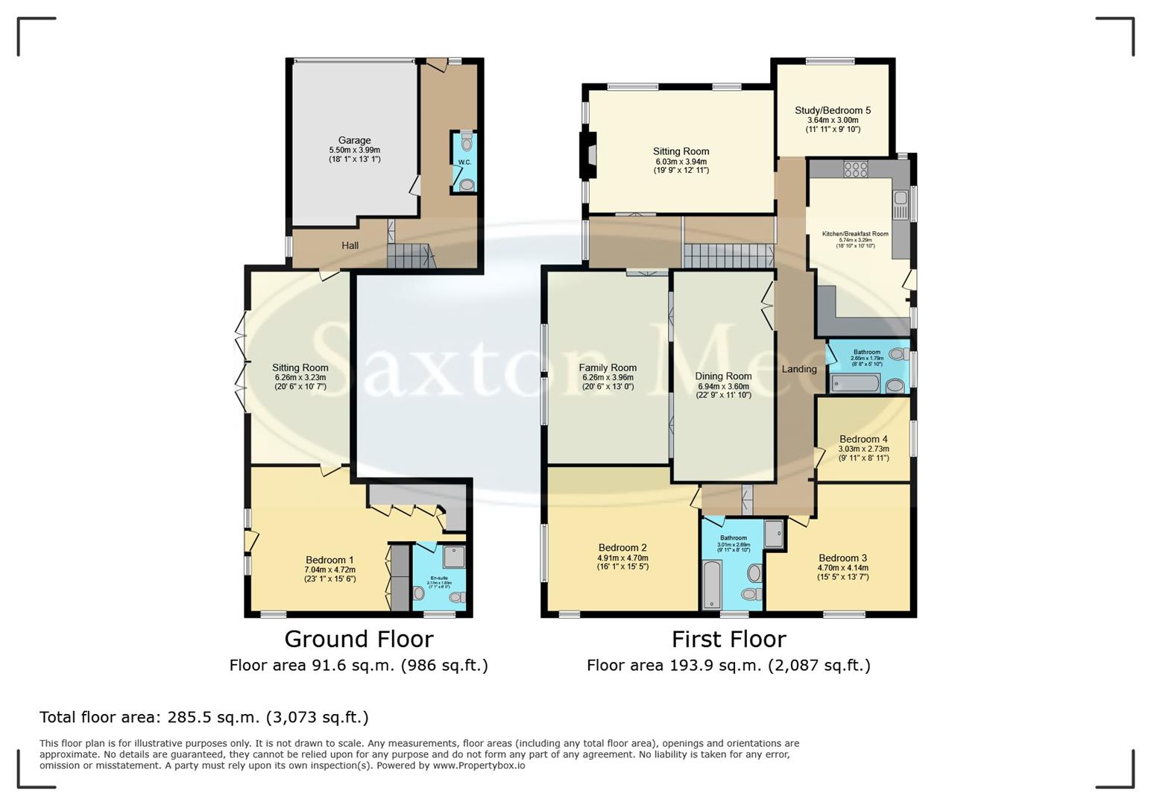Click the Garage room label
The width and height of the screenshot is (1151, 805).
tap(354, 140)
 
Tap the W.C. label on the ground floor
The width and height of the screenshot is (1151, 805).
tap(464, 162)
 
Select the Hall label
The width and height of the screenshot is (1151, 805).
tap(350, 245)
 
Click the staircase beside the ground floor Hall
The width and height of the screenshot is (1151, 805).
tap(409, 258)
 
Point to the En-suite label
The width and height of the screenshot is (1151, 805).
tap(439, 578)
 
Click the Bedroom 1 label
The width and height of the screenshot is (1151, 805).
tap(329, 560)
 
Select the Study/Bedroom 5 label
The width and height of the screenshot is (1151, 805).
tap(833, 110)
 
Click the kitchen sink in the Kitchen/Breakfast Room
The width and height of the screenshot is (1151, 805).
tap(900, 198)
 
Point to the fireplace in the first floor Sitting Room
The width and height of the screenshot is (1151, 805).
tap(590, 154)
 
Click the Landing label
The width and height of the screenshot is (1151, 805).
tap(798, 369)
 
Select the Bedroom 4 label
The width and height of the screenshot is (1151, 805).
tap(863, 439)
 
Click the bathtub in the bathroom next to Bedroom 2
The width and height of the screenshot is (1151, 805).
tap(711, 585)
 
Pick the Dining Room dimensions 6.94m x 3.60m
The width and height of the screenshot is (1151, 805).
tap(723, 386)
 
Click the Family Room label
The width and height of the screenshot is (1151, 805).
tap(608, 367)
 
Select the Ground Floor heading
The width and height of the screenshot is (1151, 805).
tap(359, 639)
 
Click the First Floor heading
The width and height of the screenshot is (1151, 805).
tap(728, 639)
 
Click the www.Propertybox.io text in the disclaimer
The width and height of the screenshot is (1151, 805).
tap(479, 765)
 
